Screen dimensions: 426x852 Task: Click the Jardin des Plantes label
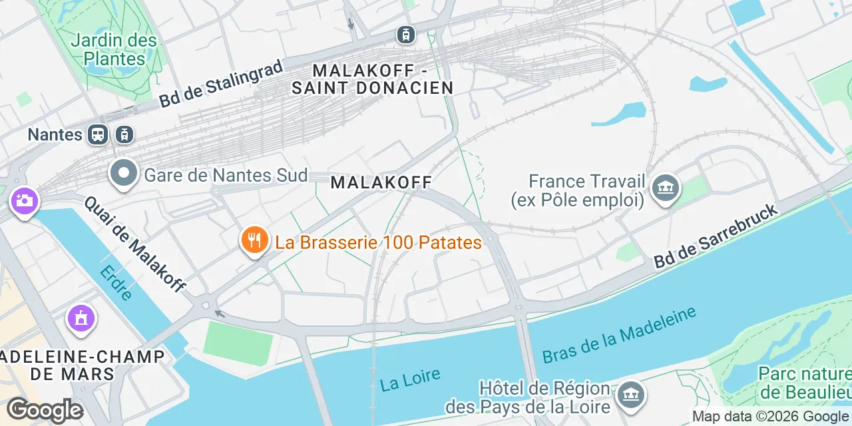point(114,49)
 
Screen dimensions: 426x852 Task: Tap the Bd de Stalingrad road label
point(221,83)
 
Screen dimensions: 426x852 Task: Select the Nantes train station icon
point(97,134)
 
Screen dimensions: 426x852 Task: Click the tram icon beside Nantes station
point(124,134)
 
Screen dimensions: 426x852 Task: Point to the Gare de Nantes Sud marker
point(124,174)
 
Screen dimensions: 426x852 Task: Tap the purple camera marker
point(25,200)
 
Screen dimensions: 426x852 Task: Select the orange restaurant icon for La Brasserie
point(254,241)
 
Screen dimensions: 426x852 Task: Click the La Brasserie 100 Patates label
point(378,242)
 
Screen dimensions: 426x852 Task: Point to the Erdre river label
point(116,282)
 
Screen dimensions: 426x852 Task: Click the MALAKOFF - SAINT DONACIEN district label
point(373,79)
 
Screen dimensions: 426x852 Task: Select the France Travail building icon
point(666,188)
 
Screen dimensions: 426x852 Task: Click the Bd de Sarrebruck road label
point(716,237)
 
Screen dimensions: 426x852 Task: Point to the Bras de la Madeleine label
point(619,335)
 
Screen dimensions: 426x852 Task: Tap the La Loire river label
point(410,379)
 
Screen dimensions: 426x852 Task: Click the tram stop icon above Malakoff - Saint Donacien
point(405,34)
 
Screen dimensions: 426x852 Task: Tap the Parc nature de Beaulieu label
point(804,382)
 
